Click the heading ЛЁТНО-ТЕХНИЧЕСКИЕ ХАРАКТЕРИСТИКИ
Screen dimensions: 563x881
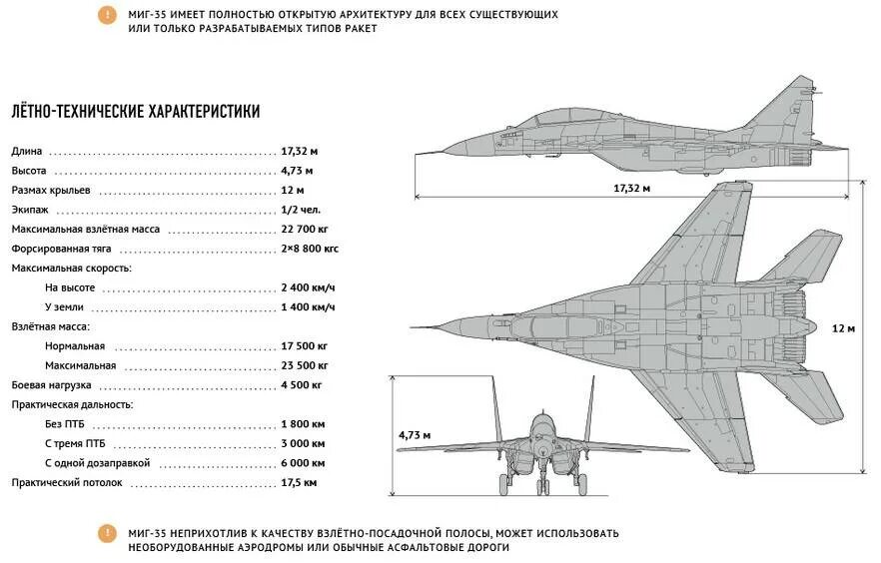pyautogui.click(x=136, y=112)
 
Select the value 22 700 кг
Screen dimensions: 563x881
pyautogui.click(x=305, y=230)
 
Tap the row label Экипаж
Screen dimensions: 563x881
pyautogui.click(x=30, y=211)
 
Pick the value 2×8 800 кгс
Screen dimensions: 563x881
pyautogui.click(x=310, y=249)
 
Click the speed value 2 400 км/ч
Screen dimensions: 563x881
pyautogui.click(x=308, y=287)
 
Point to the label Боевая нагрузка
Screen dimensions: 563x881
pyautogui.click(x=52, y=384)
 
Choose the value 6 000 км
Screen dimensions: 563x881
pyautogui.click(x=303, y=463)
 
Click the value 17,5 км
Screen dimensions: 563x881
pyautogui.click(x=299, y=482)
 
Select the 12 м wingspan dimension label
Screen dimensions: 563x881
pyautogui.click(x=844, y=328)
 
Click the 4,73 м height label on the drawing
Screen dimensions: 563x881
pyautogui.click(x=414, y=435)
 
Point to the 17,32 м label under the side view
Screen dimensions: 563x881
pyautogui.click(x=632, y=188)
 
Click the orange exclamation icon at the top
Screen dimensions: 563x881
pyautogui.click(x=107, y=15)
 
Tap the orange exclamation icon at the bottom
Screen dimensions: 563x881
pyautogui.click(x=107, y=533)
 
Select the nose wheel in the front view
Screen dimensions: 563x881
pyautogui.click(x=542, y=487)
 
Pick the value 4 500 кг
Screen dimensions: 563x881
pyautogui.click(x=302, y=384)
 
